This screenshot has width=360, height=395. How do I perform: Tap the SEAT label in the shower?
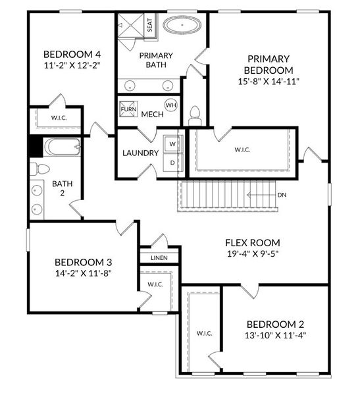pyautogui.click(x=150, y=26)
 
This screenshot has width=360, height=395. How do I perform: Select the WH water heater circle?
pyautogui.click(x=171, y=105)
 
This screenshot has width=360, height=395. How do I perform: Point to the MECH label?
pyautogui.click(x=152, y=115)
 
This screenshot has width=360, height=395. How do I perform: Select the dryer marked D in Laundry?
pyautogui.click(x=172, y=162)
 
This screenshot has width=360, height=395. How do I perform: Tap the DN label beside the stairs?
pyautogui.click(x=282, y=195)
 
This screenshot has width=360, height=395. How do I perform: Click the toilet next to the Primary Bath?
pyautogui.click(x=194, y=116)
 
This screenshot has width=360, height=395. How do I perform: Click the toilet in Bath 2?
pyautogui.click(x=41, y=169)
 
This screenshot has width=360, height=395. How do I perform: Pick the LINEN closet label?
pyautogui.click(x=159, y=258)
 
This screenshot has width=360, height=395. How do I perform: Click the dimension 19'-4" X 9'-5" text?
pyautogui.click(x=253, y=253)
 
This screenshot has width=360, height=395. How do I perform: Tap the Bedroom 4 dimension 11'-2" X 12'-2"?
pyautogui.click(x=72, y=65)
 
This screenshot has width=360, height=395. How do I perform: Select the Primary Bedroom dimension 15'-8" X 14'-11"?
pyautogui.click(x=269, y=82)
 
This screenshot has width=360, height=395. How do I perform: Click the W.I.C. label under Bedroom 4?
pyautogui.click(x=55, y=118)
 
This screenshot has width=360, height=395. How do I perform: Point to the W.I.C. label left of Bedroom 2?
pyautogui.click(x=204, y=334)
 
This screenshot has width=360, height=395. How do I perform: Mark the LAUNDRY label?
pyautogui.click(x=140, y=153)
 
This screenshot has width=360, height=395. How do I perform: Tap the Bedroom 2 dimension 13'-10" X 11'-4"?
pyautogui.click(x=275, y=335)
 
